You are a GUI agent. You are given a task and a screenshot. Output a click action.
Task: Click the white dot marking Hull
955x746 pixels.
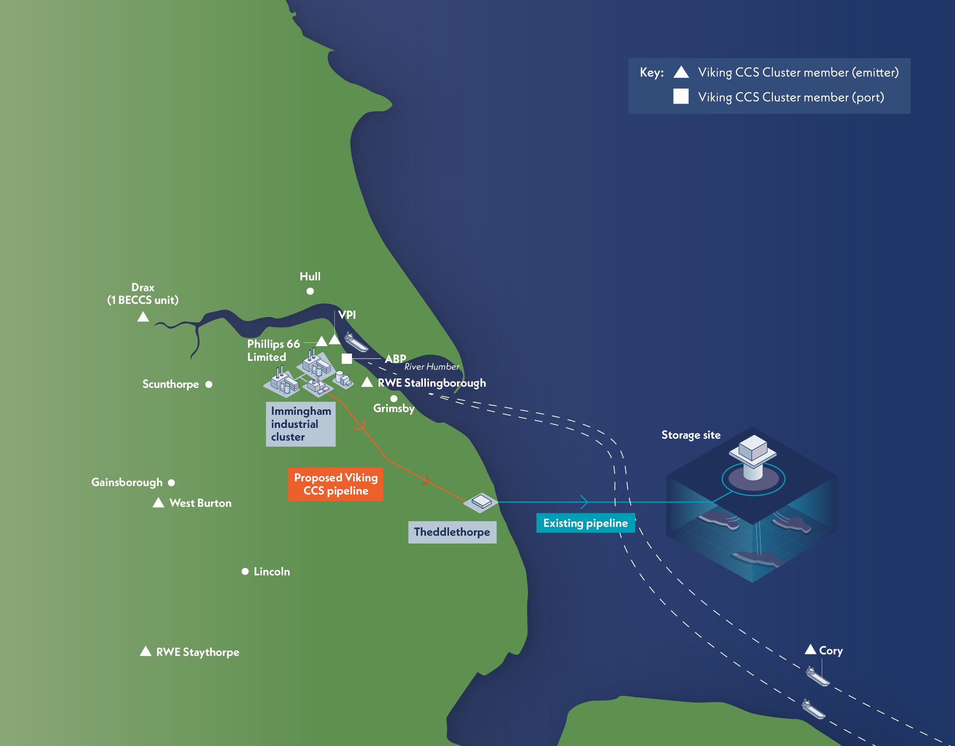pos(310,291)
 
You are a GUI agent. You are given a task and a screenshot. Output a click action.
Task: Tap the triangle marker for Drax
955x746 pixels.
pos(143,317)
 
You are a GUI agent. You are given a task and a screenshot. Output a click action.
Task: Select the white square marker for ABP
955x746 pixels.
pos(347,359)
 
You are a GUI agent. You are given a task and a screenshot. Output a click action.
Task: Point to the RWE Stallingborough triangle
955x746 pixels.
pos(367,382)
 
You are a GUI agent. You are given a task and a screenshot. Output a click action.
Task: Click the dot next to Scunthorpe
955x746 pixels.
pos(209,384)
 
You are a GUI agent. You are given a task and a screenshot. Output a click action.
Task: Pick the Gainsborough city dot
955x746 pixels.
pos(171,483)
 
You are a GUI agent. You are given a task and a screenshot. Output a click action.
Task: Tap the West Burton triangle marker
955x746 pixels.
pos(158,503)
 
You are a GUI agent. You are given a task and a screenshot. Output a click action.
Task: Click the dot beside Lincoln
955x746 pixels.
pos(245,572)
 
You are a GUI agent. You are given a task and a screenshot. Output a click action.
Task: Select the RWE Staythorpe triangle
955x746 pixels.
pos(146,651)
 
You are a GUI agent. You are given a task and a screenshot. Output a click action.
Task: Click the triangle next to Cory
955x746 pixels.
pos(810,649)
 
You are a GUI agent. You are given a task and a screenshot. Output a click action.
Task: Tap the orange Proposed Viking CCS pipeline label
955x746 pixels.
pos(335,484)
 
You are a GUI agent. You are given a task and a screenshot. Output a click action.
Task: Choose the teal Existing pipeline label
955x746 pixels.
pos(585,523)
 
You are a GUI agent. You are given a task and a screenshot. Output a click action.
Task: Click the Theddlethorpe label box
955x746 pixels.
pos(452,532)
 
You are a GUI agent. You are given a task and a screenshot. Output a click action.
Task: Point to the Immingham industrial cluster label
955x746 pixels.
pos(301,424)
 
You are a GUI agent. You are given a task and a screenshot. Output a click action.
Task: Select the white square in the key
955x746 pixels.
pos(681,96)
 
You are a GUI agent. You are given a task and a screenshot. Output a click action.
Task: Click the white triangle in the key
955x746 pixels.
pos(681,72)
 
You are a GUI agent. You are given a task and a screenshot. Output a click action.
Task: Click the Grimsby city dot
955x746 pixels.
pos(394,398)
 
